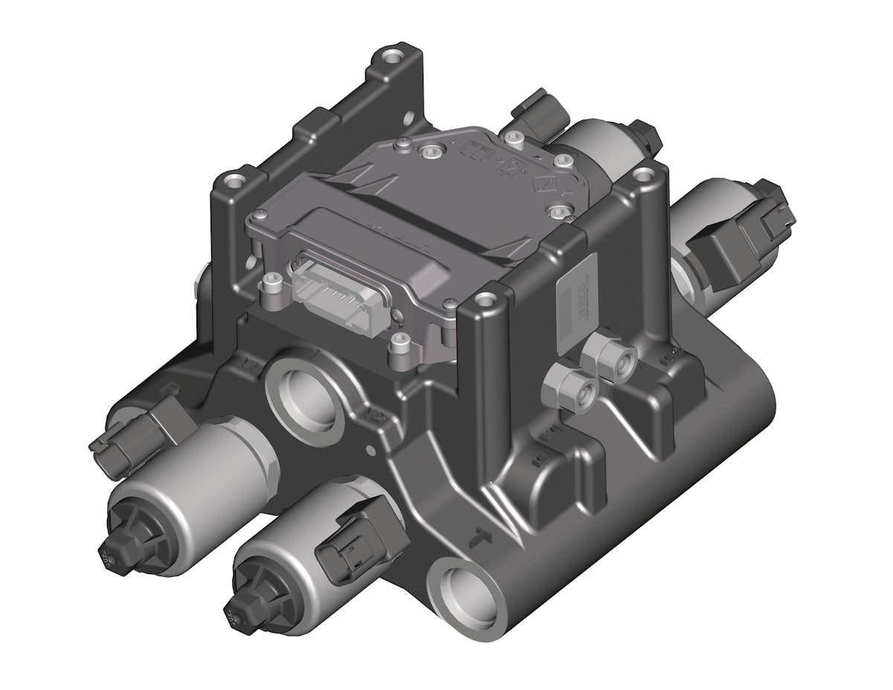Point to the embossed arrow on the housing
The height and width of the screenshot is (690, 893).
click(481, 533)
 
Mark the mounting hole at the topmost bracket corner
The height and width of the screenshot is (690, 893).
click(390, 56)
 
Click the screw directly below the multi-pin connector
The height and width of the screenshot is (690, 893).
click(399, 342)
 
